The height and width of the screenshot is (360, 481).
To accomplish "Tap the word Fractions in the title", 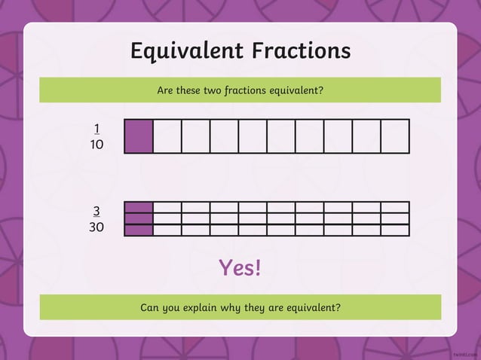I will pyautogui.click(x=301, y=50).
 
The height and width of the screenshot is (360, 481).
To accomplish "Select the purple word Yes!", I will pyautogui.click(x=240, y=267).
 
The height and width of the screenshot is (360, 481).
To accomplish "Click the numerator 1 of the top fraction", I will pyautogui.click(x=97, y=128).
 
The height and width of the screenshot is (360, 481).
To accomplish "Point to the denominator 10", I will pyautogui.click(x=97, y=144).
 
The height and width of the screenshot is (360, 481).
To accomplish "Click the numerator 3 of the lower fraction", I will pyautogui.click(x=97, y=211).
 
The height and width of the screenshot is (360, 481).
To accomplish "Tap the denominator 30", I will pyautogui.click(x=97, y=227).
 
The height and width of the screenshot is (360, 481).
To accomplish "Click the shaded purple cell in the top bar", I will pyautogui.click(x=139, y=136).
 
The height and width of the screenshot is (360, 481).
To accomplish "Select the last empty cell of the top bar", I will pyautogui.click(x=395, y=136).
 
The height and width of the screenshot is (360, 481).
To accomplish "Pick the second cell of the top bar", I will pyautogui.click(x=167, y=136).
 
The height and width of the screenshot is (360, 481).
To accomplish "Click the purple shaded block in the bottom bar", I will pyautogui.click(x=139, y=219).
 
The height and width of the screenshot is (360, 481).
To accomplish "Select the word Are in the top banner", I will pyautogui.click(x=165, y=90).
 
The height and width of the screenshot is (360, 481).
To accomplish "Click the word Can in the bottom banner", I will pyautogui.click(x=151, y=307).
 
